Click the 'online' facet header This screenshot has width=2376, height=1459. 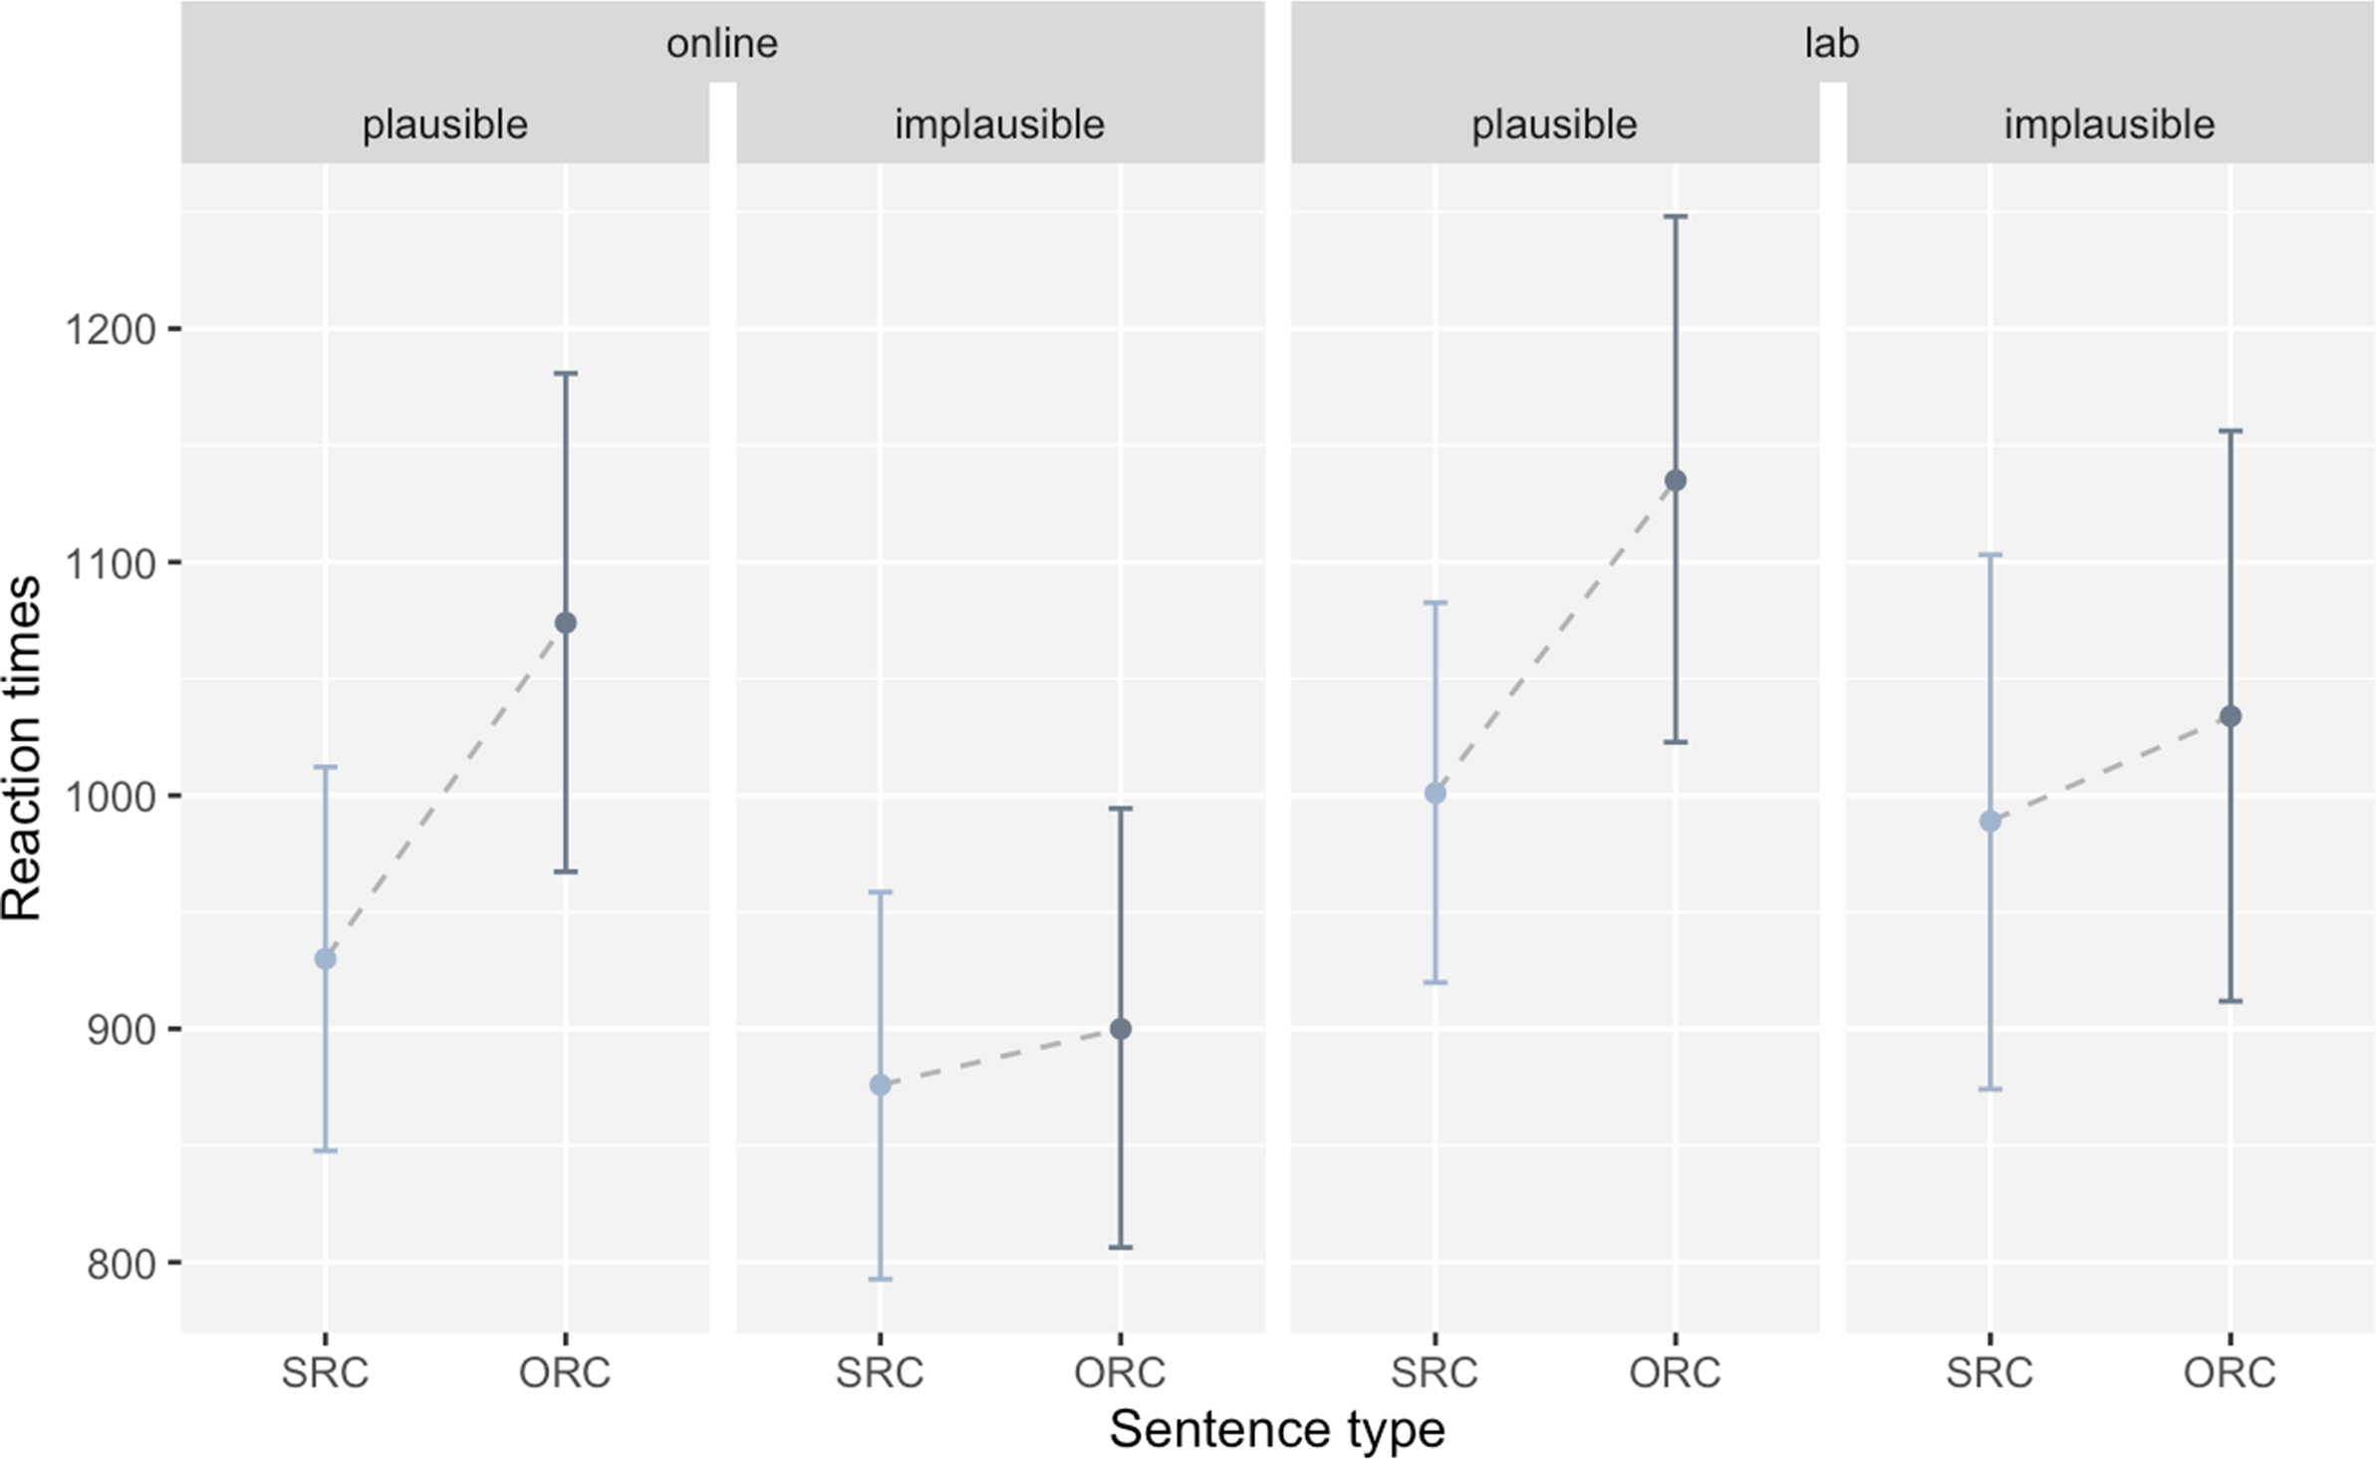pos(721,44)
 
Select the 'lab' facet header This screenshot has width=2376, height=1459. pos(1832,44)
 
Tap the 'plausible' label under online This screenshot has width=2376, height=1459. pos(444,125)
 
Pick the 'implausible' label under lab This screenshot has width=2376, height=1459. pos(2109,125)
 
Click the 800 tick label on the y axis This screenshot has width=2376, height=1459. pos(121,1264)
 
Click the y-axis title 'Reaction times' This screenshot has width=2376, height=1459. pos(22,748)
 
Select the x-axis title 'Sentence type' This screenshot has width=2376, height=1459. pos(1277,1430)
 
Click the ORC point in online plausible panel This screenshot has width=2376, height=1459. pos(565,623)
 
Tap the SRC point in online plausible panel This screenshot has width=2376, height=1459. pos(325,959)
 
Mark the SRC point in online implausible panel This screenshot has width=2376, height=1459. pos(881,1085)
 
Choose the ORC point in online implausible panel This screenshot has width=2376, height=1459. pos(1121,1029)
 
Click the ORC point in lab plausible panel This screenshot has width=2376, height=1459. pos(1676,481)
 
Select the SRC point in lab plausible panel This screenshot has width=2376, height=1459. pos(1436,794)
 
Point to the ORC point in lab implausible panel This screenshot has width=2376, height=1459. pos(2231,716)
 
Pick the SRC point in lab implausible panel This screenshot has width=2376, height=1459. pos(1990,822)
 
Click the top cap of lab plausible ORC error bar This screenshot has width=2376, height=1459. pos(1676,216)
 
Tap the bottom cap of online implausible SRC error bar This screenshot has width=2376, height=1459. pos(881,1279)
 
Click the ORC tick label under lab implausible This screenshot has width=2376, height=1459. pos(2231,1373)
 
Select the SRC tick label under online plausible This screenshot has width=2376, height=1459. pos(325,1373)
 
